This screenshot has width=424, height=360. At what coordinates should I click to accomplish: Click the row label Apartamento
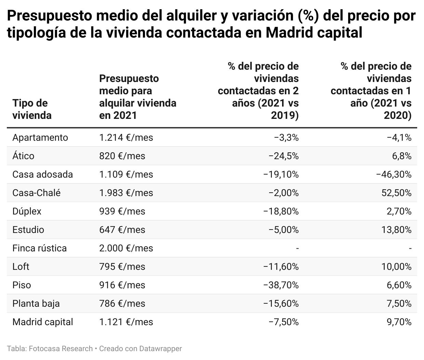click(x=40, y=138)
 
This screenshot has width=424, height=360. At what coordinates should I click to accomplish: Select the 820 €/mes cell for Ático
click(x=122, y=156)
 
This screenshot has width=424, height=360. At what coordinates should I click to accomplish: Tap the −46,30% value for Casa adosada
click(x=394, y=175)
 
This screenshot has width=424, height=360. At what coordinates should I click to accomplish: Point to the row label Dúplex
click(x=27, y=211)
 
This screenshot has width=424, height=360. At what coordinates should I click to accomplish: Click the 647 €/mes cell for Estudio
click(x=122, y=230)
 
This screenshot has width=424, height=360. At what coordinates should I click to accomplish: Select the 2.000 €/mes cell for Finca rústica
click(x=126, y=248)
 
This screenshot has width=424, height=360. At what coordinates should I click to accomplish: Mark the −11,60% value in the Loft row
click(x=281, y=267)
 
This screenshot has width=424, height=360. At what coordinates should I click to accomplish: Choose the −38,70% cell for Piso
click(x=281, y=285)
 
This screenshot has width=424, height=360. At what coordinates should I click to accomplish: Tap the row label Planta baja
click(x=36, y=304)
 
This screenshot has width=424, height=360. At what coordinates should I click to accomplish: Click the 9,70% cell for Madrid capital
click(x=399, y=322)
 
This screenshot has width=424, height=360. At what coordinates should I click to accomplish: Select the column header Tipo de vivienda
click(x=32, y=109)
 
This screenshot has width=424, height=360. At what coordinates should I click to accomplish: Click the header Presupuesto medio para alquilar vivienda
click(x=137, y=97)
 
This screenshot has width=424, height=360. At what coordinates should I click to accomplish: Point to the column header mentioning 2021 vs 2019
click(x=258, y=91)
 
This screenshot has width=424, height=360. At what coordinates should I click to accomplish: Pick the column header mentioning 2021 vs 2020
click(x=371, y=91)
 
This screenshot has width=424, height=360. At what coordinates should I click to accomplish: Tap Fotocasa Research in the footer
click(x=61, y=349)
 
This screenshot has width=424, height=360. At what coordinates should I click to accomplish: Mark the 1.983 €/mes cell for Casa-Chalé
click(x=126, y=193)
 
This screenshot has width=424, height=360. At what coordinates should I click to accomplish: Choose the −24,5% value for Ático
click(x=283, y=156)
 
